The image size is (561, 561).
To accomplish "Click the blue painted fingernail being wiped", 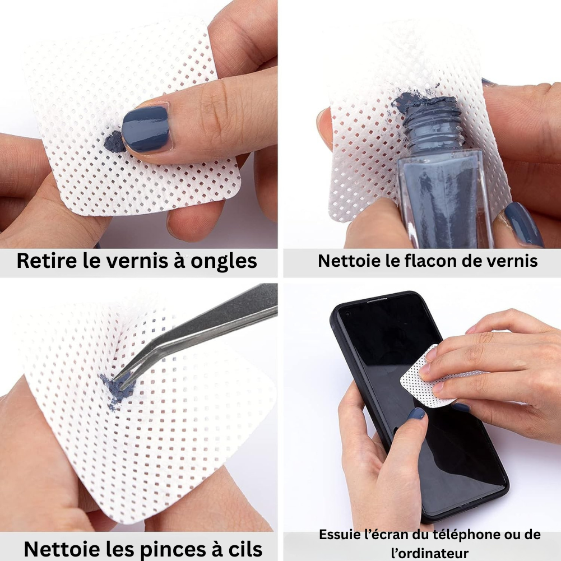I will [145, 128].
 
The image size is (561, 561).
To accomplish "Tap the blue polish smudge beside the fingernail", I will [114, 140].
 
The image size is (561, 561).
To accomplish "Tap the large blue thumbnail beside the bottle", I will [523, 224].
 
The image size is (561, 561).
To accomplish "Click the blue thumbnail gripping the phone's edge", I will [416, 414].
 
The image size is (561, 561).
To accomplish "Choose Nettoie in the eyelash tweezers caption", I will [59, 548].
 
